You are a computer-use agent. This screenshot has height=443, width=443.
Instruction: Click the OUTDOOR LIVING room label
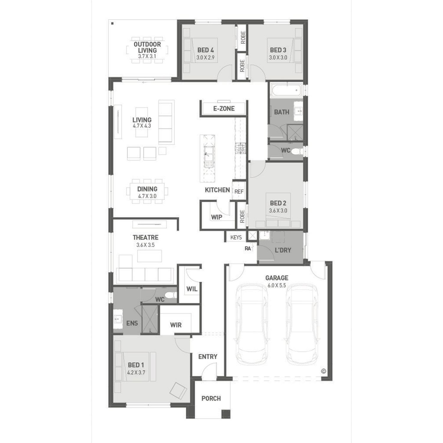pyautogui.click(x=147, y=47)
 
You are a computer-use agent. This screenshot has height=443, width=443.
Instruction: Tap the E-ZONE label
pyautogui.click(x=224, y=109)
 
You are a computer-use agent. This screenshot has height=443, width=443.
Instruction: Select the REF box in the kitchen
pyautogui.click(x=239, y=191)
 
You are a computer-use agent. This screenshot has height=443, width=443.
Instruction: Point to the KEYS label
pyautogui.click(x=236, y=237)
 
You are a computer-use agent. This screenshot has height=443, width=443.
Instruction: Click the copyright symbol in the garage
pyautogui.click(x=323, y=371)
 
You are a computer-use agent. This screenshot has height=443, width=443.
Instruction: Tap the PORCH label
pyautogui.click(x=211, y=398)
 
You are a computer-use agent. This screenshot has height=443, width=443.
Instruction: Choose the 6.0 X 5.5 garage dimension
pyautogui.click(x=277, y=286)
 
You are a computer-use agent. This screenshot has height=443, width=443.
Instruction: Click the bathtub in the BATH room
pyautogui.click(x=286, y=90)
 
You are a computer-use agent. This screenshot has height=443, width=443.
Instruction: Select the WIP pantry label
pyautogui.click(x=216, y=217)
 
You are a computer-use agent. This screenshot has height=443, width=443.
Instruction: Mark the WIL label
pyautogui.click(x=192, y=289)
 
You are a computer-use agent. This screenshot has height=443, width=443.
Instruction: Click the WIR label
pyautogui.click(x=176, y=325)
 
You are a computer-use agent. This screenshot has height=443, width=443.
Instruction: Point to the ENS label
pyautogui.click(x=132, y=323)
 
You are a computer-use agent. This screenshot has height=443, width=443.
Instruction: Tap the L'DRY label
pyautogui.click(x=283, y=250)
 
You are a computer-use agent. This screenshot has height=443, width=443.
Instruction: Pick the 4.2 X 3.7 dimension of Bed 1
pyautogui.click(x=136, y=372)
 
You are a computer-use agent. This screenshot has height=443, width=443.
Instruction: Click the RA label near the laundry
pyautogui.click(x=247, y=249)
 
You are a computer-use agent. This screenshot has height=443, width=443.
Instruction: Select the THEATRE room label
pyautogui.click(x=146, y=237)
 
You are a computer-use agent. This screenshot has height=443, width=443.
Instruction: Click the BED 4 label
pyautogui.click(x=206, y=50)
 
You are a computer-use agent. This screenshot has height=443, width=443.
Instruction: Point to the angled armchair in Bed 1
pyautogui.click(x=178, y=391)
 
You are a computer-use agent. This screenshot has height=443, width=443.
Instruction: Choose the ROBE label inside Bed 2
pyautogui.click(x=242, y=216)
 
